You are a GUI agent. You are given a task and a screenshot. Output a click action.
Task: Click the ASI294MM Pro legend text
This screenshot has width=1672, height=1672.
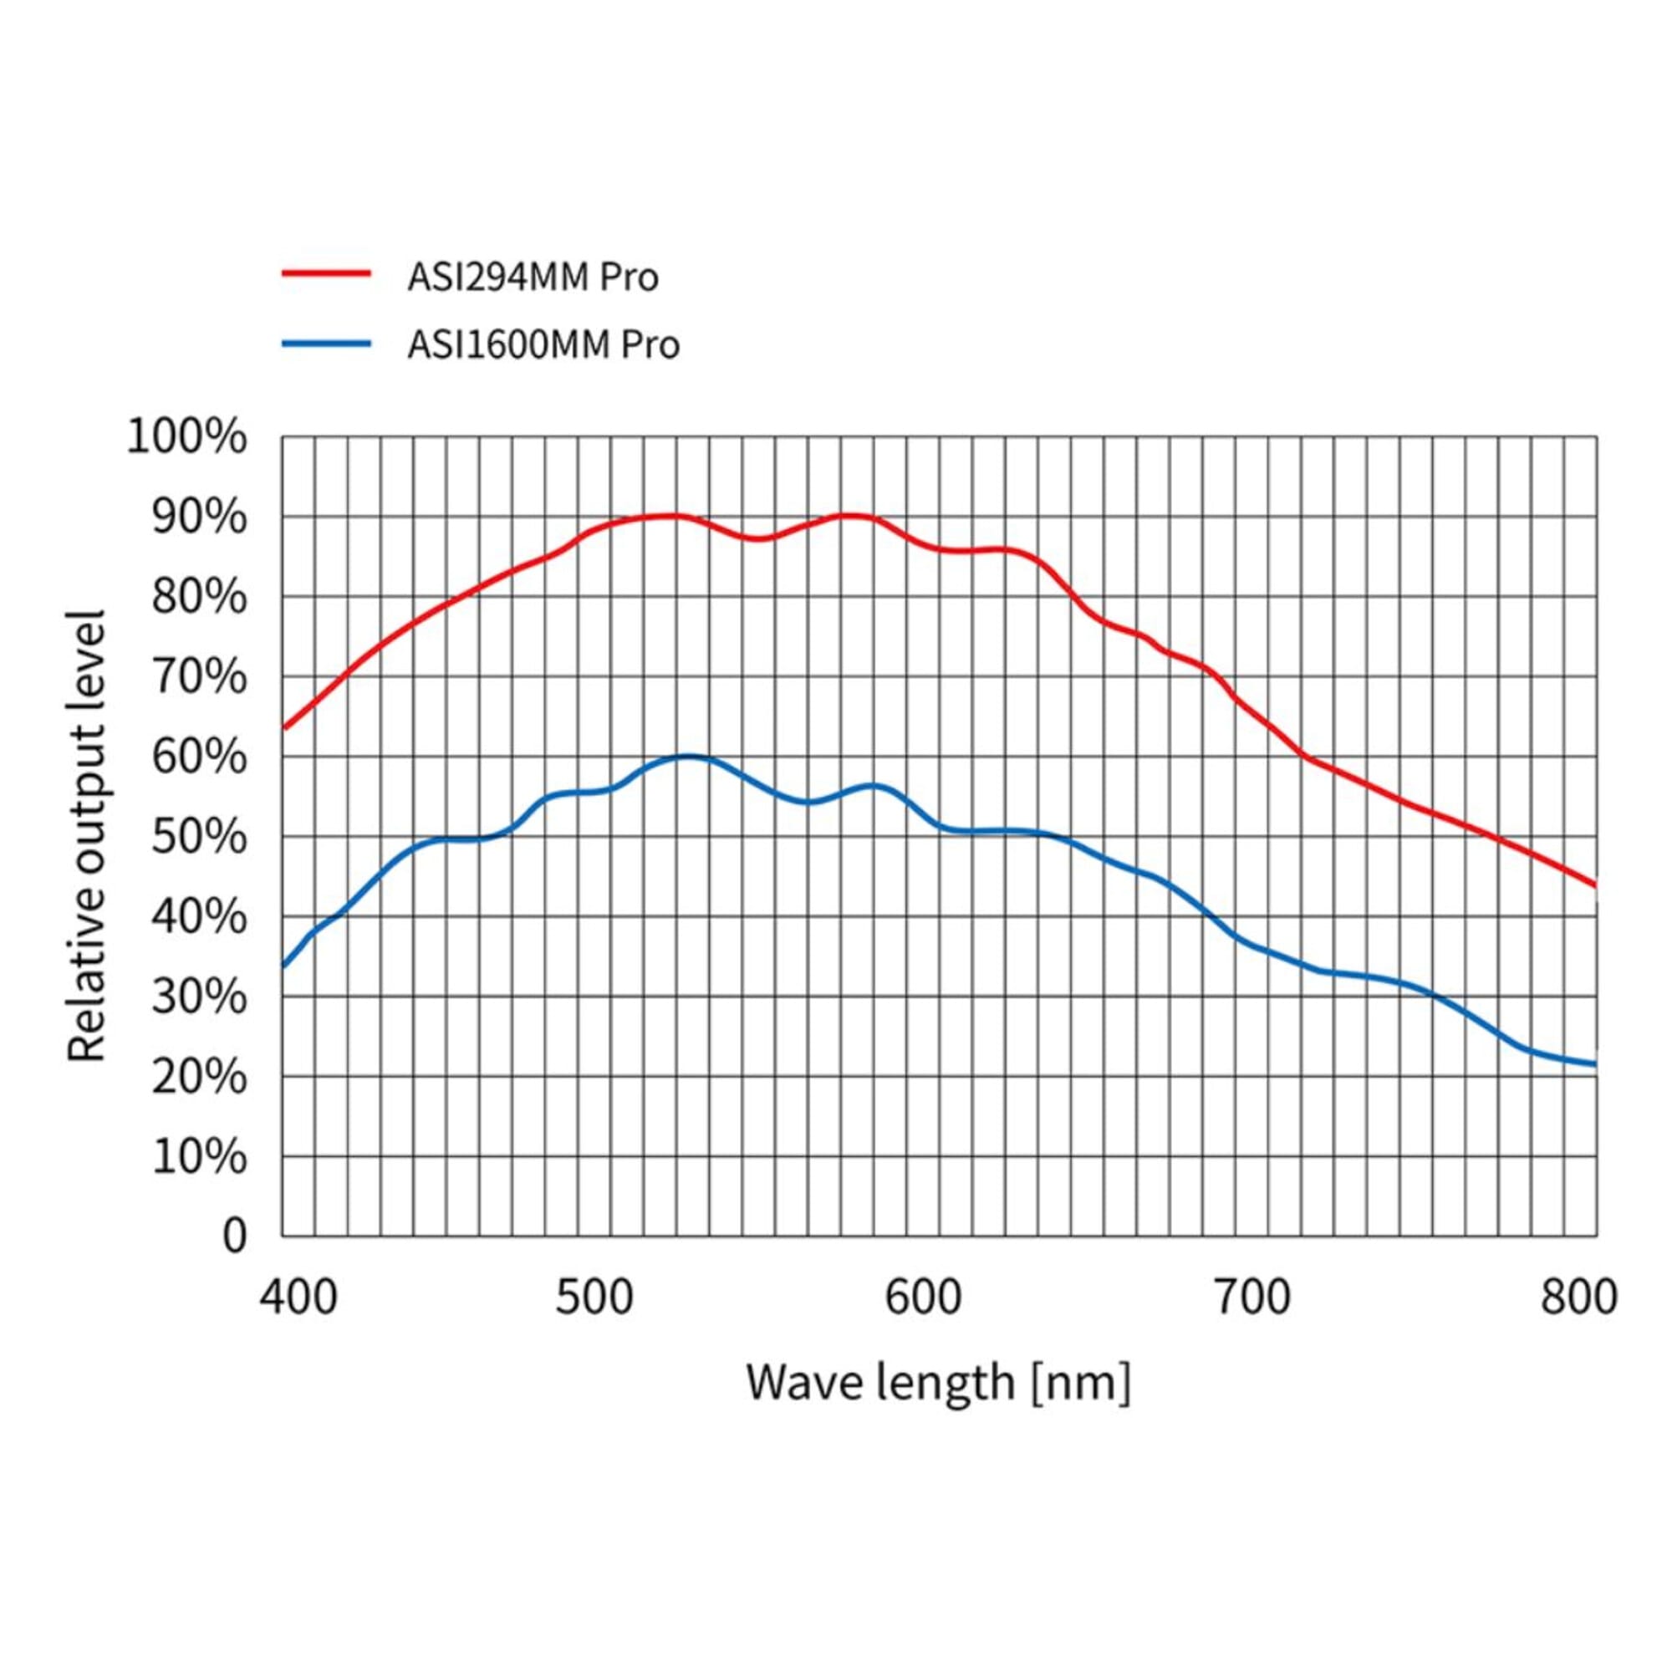[533, 278]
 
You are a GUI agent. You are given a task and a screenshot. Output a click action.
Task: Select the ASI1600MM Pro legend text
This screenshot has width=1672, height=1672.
[543, 344]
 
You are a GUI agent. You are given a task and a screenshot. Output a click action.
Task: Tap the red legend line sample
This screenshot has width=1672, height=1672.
[326, 273]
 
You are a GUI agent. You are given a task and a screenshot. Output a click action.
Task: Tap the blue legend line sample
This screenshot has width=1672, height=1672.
[326, 343]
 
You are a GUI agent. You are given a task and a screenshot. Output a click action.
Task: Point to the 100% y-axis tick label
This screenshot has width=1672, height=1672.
[186, 437]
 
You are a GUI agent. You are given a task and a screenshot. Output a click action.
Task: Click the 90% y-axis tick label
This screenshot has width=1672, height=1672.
[198, 517]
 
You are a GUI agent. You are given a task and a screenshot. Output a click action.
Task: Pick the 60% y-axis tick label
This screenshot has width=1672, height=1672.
[198, 757]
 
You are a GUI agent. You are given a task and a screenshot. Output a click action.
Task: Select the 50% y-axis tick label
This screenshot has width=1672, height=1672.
[198, 837]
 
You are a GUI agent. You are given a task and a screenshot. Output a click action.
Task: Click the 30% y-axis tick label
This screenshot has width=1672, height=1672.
[198, 997]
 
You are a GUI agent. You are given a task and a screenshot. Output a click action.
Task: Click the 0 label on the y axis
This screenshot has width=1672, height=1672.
[235, 1236]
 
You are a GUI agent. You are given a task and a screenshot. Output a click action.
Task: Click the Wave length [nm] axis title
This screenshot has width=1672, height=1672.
[938, 1382]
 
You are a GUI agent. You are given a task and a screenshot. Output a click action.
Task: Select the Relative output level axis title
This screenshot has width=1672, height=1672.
[87, 835]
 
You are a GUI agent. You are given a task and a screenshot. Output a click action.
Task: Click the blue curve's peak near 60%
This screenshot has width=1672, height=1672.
[688, 757]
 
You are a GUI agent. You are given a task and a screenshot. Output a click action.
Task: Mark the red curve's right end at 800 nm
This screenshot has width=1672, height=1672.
[1595, 884]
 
